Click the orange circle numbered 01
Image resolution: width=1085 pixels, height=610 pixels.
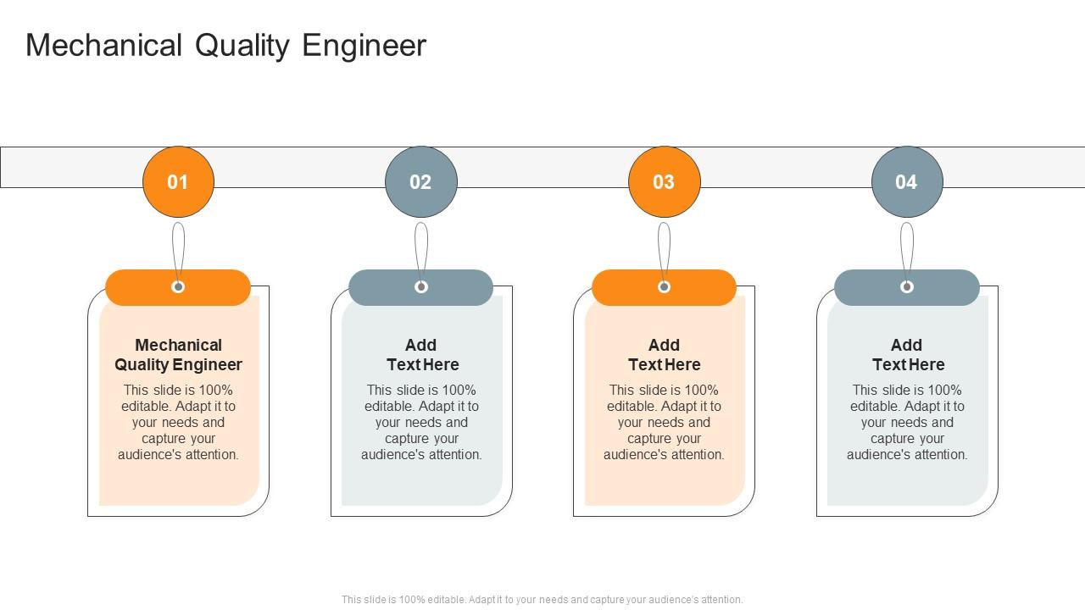(x=178, y=182)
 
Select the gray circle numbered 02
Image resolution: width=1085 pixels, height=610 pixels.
(x=420, y=182)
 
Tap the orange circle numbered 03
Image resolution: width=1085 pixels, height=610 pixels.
(x=664, y=182)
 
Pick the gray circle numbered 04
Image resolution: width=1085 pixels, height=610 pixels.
(x=906, y=182)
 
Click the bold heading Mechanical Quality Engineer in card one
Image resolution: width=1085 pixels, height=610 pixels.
(x=178, y=355)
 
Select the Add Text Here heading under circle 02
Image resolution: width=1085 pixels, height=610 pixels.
(x=421, y=355)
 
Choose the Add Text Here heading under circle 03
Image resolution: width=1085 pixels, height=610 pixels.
(x=664, y=355)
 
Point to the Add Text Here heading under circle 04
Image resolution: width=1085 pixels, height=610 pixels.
(x=907, y=355)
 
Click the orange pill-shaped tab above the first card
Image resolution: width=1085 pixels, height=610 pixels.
(x=136, y=288)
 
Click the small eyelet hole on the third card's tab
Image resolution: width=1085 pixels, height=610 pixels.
(x=664, y=287)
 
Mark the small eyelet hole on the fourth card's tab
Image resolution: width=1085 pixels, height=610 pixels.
(x=907, y=287)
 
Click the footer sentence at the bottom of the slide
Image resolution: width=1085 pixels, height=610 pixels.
(x=542, y=599)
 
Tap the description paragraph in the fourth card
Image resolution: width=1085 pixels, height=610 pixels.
(x=907, y=422)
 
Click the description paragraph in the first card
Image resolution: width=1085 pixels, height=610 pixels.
(x=178, y=422)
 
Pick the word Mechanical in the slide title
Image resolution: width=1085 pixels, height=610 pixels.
(x=103, y=46)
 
